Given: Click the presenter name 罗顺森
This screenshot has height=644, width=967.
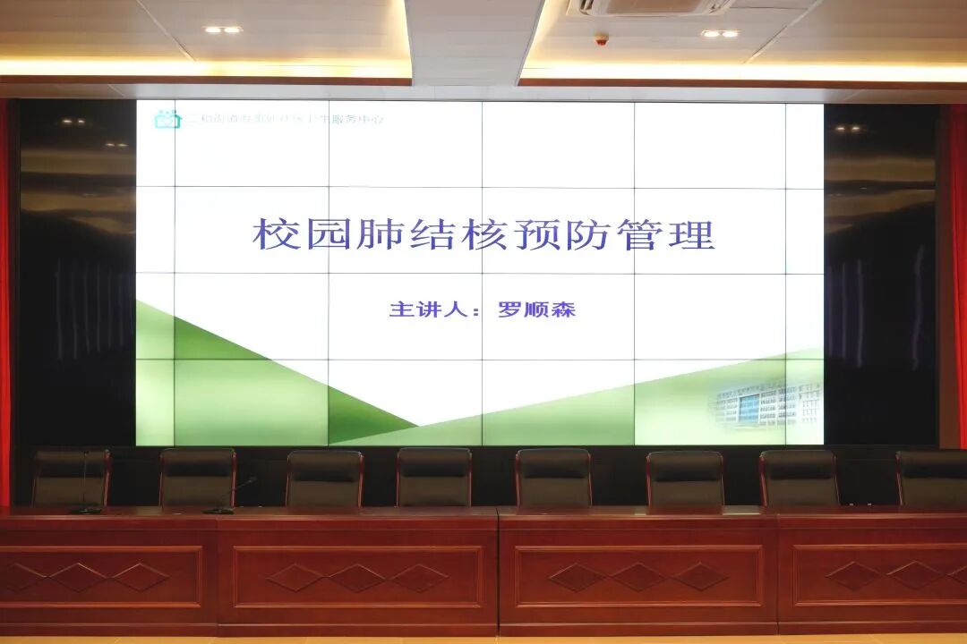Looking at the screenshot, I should pos(536,310).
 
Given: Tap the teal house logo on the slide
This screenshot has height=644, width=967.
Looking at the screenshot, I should pos(167,119).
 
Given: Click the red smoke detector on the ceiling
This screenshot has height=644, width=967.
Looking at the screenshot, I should pos(602,39).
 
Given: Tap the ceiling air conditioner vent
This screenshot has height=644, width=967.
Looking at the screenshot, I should pos(648,8).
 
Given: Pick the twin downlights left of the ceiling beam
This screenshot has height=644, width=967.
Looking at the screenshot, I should pos(222,30).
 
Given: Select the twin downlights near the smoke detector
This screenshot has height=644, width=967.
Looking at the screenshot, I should pos(720,34).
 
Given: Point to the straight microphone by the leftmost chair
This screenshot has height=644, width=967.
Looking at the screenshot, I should pos(85,487).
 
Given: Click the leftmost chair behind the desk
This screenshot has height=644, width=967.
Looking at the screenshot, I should pos(71,478).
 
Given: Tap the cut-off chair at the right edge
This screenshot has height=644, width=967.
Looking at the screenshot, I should pos(932,479).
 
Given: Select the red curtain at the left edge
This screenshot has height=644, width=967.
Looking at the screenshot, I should pos(4,295).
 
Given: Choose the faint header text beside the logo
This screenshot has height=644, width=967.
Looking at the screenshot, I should pos(282,118).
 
